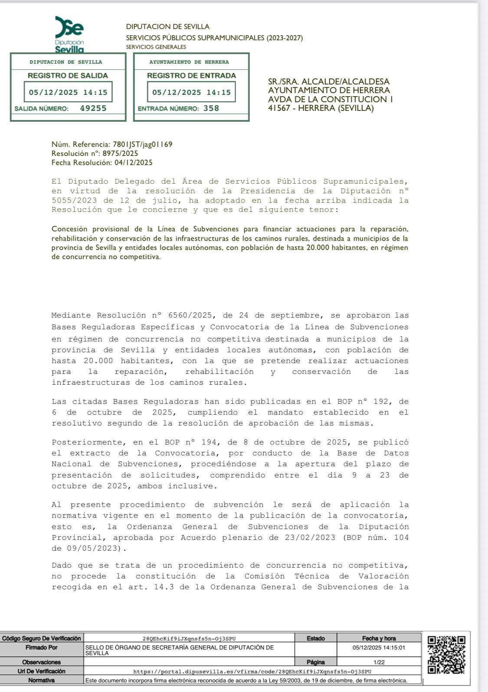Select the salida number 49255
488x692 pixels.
pos(93,108)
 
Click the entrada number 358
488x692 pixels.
pos(211,108)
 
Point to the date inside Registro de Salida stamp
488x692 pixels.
pos(68,92)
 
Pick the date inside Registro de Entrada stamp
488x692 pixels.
pos(191,92)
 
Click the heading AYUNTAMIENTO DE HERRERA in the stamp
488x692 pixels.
pos(189,62)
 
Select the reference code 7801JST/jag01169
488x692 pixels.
pos(142,144)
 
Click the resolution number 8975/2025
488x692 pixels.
pos(120,153)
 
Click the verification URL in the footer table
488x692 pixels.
pos(252,671)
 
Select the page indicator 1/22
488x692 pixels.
pos(379,662)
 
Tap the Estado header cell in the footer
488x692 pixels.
pos(315,638)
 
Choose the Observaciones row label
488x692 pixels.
pos(42,662)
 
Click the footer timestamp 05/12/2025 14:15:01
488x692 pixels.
pos(379,648)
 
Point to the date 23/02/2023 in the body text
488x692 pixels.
pos(309,538)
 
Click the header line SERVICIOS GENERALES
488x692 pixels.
pos(156,47)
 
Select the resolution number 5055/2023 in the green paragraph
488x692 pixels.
pos(74,201)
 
